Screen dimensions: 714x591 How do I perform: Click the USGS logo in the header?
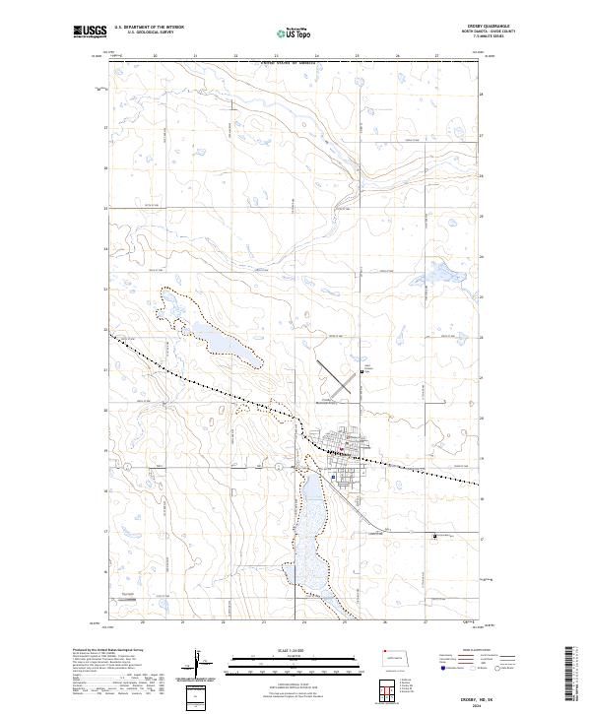(x=90, y=32)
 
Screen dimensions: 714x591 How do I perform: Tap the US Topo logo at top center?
(x=295, y=32)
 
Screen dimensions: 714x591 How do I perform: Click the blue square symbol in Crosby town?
(x=334, y=478)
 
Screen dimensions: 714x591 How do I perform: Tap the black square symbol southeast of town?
(x=435, y=536)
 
